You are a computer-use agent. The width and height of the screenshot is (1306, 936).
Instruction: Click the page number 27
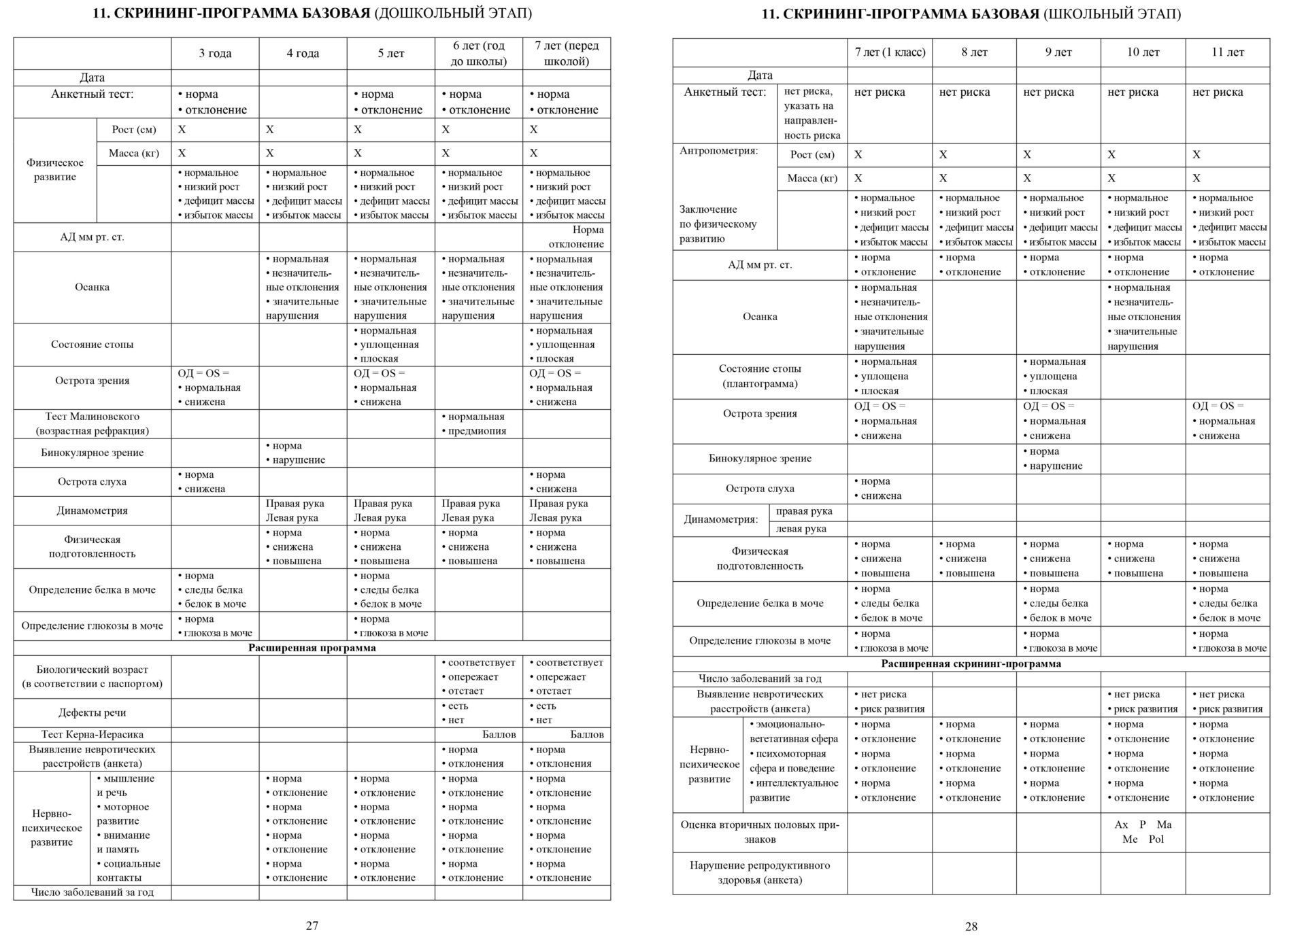312,925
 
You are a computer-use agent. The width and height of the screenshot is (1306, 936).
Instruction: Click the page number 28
971,926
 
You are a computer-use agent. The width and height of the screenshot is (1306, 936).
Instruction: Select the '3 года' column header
215,54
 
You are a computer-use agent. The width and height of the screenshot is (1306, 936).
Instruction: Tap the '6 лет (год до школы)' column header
479,54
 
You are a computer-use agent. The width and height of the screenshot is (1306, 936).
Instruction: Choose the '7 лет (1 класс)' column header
890,52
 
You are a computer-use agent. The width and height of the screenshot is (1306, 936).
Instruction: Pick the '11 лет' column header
1227,52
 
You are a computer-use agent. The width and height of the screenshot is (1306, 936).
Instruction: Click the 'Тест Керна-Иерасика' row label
93,734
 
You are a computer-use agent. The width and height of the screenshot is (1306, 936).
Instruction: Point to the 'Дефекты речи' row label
93,712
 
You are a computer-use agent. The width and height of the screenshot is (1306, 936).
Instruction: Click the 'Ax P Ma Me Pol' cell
1143,832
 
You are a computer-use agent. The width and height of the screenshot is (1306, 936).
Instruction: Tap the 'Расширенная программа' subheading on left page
312,648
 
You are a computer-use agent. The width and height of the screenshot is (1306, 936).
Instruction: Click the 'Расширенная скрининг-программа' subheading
971,663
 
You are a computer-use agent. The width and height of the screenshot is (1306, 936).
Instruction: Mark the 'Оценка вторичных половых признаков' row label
760,832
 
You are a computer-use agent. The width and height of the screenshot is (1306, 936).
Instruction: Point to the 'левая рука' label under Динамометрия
804,529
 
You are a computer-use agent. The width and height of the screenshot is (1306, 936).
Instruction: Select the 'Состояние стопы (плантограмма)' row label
760,376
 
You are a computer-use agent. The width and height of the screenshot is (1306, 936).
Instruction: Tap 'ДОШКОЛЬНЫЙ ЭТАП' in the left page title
454,14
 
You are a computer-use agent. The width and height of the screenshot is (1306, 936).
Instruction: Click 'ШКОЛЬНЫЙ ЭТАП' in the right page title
1112,14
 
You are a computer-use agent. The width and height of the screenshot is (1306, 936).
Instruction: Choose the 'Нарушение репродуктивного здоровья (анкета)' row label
760,873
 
